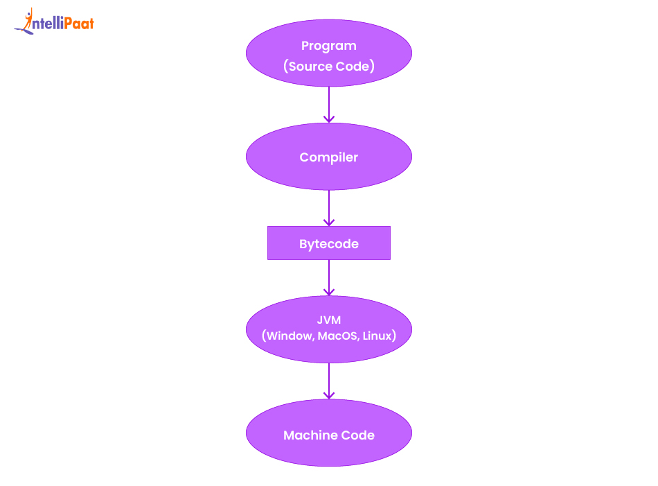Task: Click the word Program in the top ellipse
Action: coord(328,46)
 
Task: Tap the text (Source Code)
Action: coord(328,67)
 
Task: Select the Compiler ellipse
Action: coord(328,157)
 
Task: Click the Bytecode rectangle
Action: coord(328,244)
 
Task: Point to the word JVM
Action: coord(328,320)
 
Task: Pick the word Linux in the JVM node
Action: coord(378,336)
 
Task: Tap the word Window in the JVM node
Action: coord(289,336)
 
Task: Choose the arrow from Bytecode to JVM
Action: coord(328,277)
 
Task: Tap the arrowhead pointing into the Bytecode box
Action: coord(328,222)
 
